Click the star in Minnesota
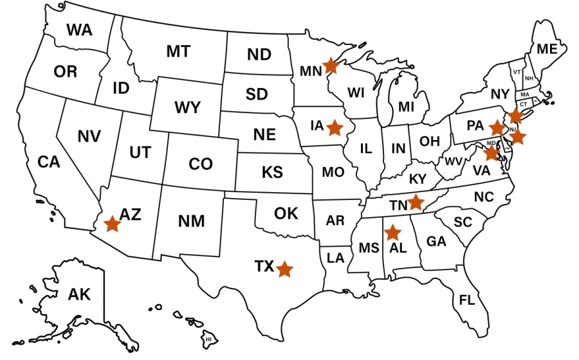330,65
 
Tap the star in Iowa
334,127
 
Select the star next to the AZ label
113,224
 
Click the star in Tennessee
416,202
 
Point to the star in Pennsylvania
497,127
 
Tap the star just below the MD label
492,153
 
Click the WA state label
78,30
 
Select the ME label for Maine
547,49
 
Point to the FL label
466,300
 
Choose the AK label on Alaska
79,294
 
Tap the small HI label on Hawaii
208,338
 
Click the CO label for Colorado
201,165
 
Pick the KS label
272,172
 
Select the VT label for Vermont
516,72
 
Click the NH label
529,78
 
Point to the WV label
454,161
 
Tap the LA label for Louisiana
335,258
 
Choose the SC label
463,222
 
